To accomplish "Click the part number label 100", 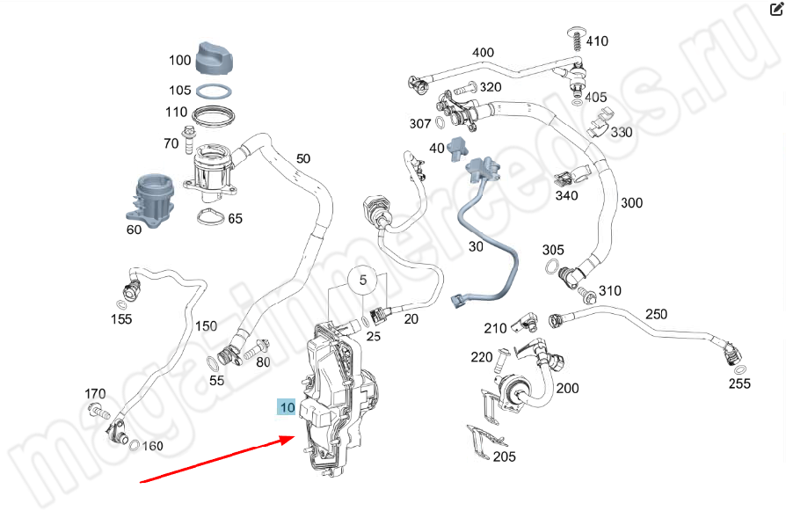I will [x=180, y=61].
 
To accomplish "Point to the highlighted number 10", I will [x=287, y=407].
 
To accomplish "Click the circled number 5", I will [x=360, y=281].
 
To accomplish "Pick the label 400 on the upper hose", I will [x=483, y=53].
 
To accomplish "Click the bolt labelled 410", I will [x=576, y=40].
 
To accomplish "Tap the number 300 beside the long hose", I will [x=631, y=203].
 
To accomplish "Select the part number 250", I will [x=656, y=314].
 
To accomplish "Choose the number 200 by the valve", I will [x=567, y=388].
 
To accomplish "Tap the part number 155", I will [x=121, y=319].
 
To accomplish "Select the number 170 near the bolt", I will [x=95, y=393].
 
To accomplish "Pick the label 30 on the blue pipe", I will [x=476, y=247].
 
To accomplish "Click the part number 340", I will [x=566, y=195].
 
